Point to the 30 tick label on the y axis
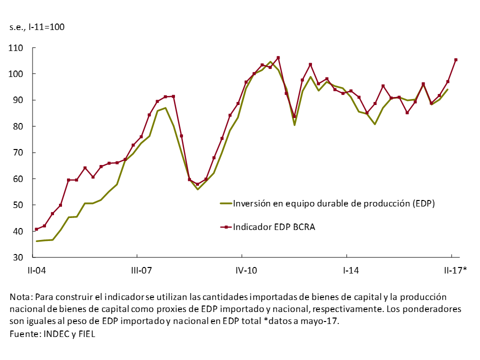[x=18, y=257]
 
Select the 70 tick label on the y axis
[x=18, y=152]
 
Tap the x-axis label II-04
[x=36, y=271]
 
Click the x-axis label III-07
[x=141, y=271]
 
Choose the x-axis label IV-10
[x=246, y=271]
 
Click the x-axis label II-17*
[x=455, y=271]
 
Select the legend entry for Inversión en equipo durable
[x=334, y=203]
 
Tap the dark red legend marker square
[x=225, y=227]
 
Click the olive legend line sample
[x=225, y=203]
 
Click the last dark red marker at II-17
[x=455, y=60]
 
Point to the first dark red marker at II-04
[x=36, y=229]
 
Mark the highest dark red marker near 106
[x=278, y=57]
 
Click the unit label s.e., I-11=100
[x=37, y=26]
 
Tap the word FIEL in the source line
[x=85, y=333]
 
